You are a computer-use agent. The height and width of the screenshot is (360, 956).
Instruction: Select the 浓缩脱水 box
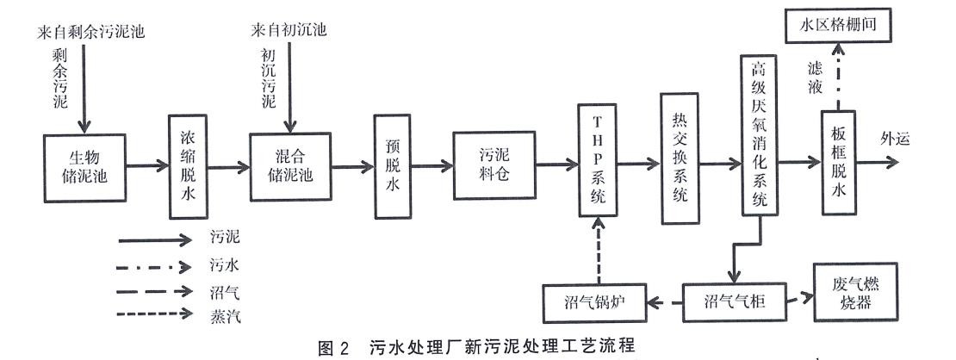(187, 165)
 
